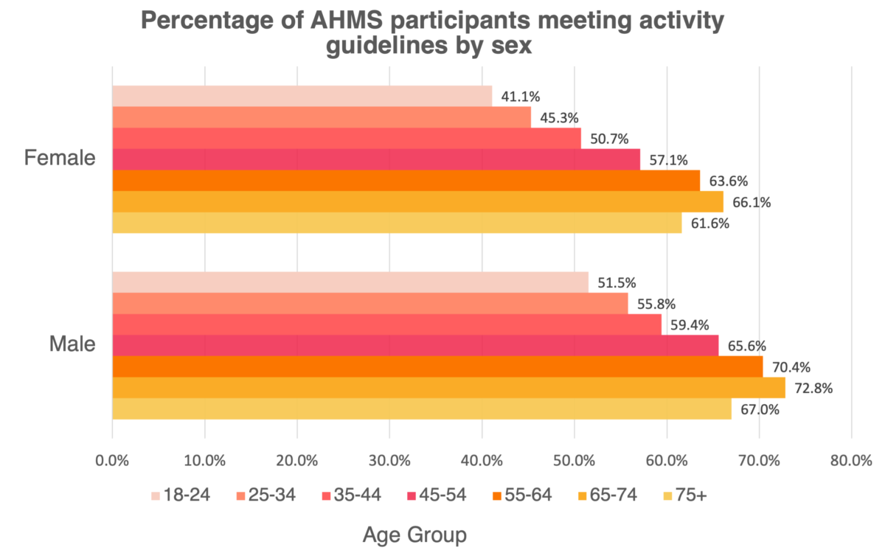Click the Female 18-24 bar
(x=302, y=96)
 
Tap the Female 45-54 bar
(x=376, y=159)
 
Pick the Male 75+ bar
(x=421, y=409)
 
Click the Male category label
(x=72, y=344)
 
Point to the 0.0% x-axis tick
(x=112, y=461)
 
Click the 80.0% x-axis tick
(x=851, y=461)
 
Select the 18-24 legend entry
(x=181, y=495)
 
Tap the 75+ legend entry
(x=681, y=495)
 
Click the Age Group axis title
(x=415, y=535)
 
